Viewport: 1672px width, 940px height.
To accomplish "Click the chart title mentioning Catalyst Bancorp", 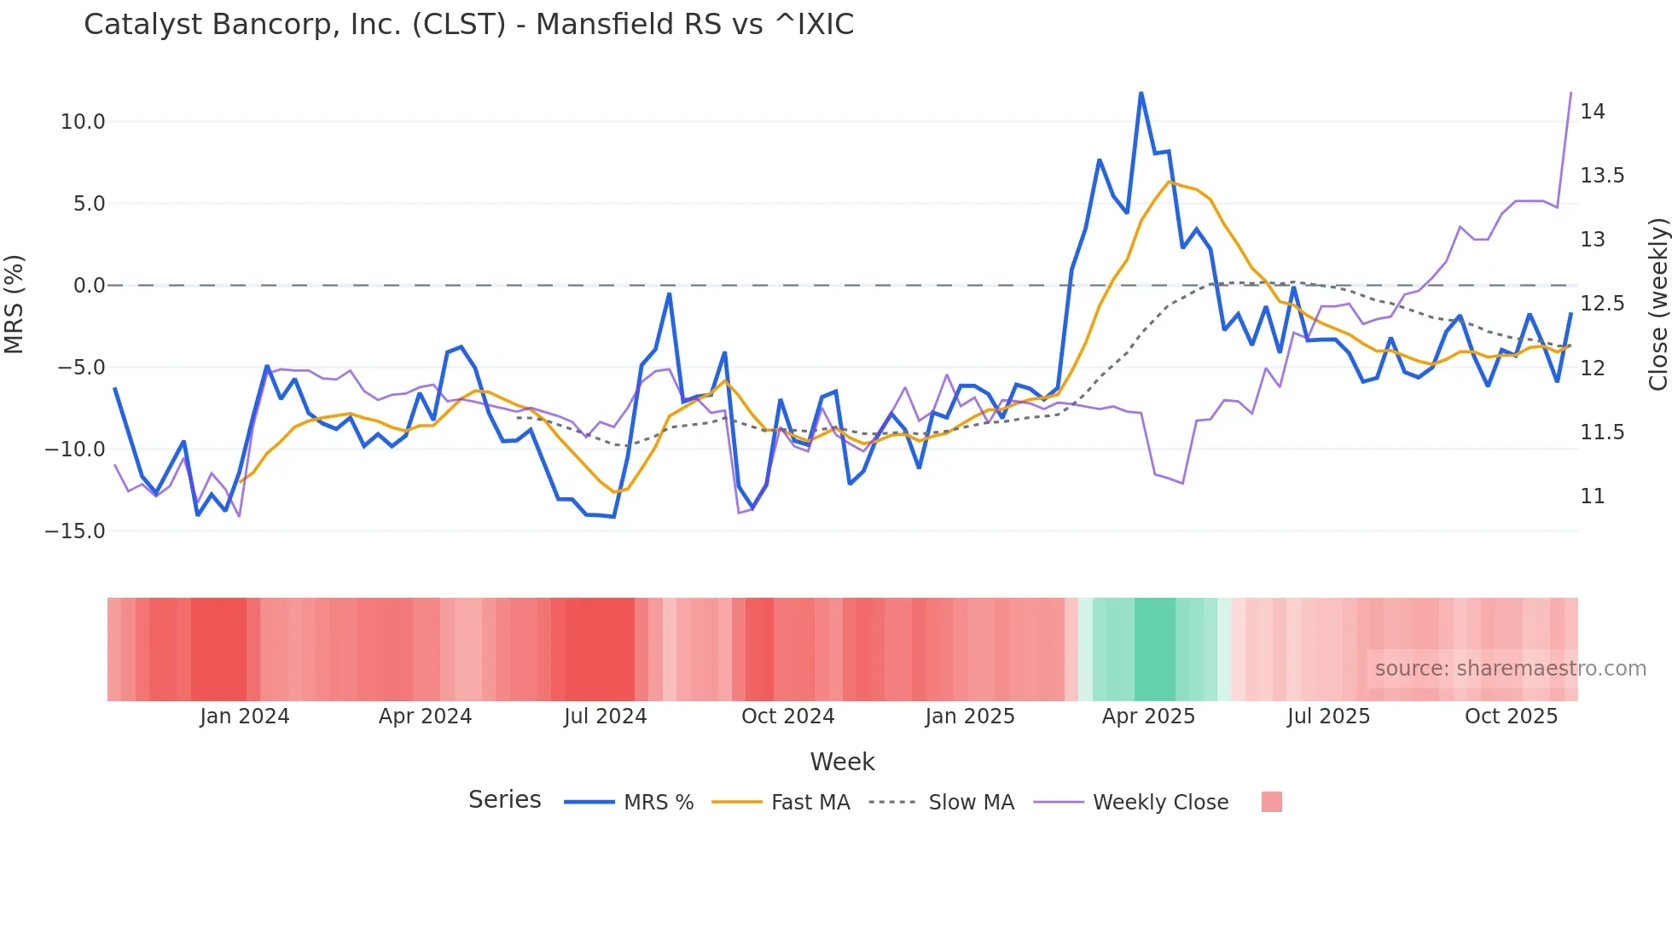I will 468,24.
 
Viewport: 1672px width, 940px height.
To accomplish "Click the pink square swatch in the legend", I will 1271,802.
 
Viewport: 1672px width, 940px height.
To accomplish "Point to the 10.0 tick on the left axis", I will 83,122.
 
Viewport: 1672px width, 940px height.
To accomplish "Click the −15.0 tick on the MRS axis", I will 75,531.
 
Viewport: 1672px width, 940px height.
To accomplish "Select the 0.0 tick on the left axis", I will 89,286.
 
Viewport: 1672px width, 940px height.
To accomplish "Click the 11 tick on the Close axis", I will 1592,496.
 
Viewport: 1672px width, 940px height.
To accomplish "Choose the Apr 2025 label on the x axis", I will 1148,717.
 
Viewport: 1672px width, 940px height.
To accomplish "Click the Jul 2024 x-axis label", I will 605,717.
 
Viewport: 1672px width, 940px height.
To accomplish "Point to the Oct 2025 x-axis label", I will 1511,717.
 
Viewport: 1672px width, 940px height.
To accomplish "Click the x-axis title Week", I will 842,762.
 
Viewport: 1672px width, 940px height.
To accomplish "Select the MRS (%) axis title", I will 15,305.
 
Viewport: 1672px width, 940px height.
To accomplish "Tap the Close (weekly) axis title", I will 1657,305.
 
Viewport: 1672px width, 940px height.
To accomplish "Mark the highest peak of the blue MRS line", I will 1141,93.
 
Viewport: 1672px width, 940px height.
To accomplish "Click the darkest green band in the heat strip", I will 1154,649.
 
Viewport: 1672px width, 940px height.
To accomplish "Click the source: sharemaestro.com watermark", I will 1510,669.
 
